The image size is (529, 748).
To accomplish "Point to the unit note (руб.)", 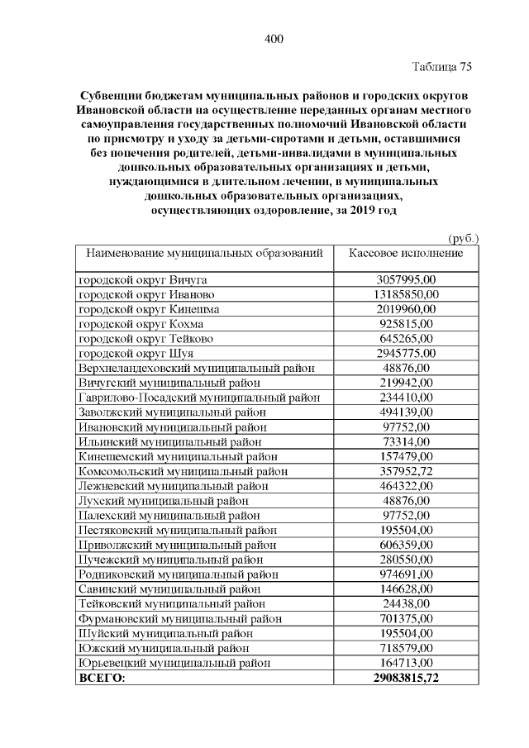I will tap(463, 237).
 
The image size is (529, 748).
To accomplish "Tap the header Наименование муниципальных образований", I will tap(204, 253).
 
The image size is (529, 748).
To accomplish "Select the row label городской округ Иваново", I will tap(146, 295).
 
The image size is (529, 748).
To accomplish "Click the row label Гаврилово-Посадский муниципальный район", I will tap(198, 397).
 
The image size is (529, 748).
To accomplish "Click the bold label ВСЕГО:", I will tap(101, 678).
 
